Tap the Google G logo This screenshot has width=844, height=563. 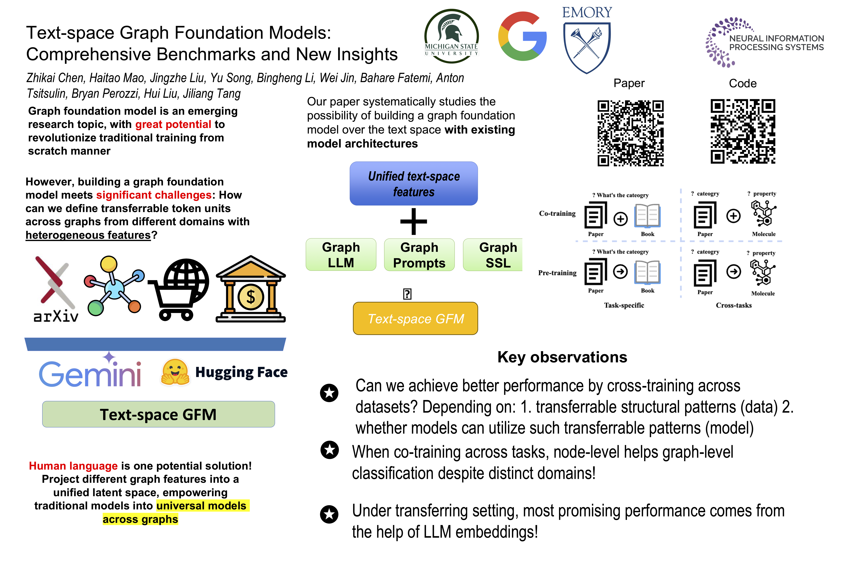pyautogui.click(x=522, y=36)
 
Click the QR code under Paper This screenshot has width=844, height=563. pyautogui.click(x=630, y=133)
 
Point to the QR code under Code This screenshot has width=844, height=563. pyautogui.click(x=743, y=131)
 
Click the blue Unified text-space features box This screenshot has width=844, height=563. pyautogui.click(x=414, y=184)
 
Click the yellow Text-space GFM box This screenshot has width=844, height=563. pyautogui.click(x=416, y=318)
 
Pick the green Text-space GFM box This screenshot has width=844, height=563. pyautogui.click(x=159, y=414)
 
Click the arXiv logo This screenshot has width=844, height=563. pyautogui.click(x=56, y=289)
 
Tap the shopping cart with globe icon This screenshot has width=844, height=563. pyautogui.click(x=178, y=289)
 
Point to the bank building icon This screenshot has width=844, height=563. pyautogui.click(x=251, y=289)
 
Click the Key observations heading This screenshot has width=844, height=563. pyautogui.click(x=562, y=357)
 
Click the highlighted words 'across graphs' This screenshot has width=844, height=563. pyautogui.click(x=140, y=519)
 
